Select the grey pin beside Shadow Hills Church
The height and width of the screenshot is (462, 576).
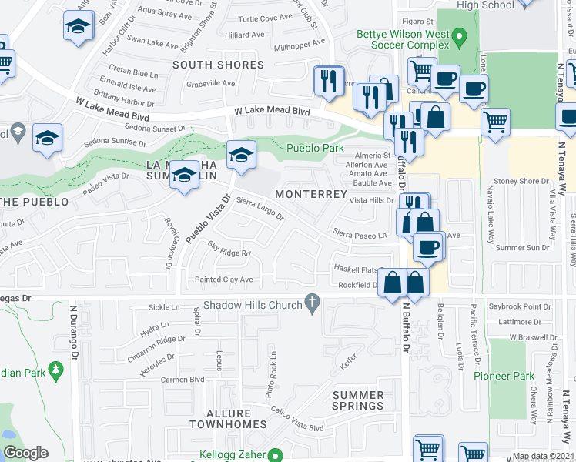pyautogui.click(x=312, y=305)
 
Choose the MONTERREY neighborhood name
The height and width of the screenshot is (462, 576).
pyautogui.click(x=310, y=194)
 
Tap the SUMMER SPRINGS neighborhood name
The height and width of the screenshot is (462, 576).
pyautogui.click(x=358, y=400)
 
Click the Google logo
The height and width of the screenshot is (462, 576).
pyautogui.click(x=25, y=453)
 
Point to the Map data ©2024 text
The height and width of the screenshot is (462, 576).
pyautogui.click(x=543, y=456)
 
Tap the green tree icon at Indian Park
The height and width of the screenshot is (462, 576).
pyautogui.click(x=55, y=372)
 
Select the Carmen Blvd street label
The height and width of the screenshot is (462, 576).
pyautogui.click(x=181, y=380)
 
